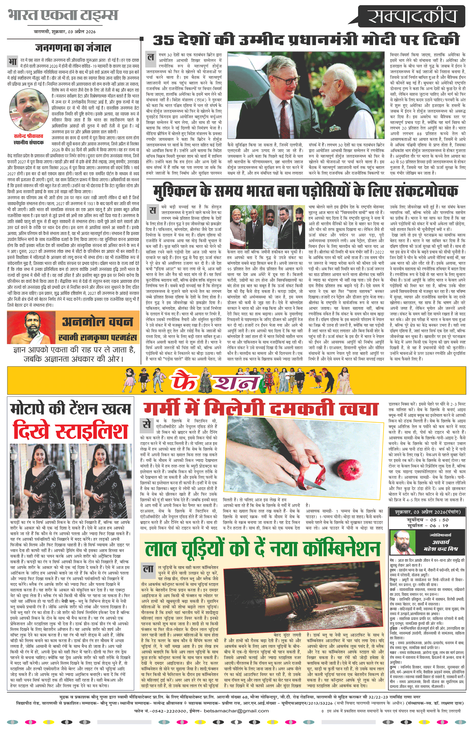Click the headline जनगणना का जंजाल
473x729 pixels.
click(x=73, y=48)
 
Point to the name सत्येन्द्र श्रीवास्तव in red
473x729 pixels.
click(x=29, y=136)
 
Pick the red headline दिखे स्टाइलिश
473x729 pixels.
click(x=71, y=431)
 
